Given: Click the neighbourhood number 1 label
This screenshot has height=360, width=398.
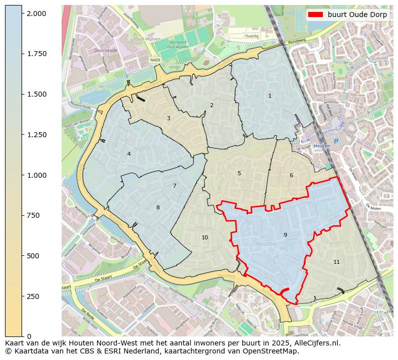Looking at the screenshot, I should [x=270, y=96].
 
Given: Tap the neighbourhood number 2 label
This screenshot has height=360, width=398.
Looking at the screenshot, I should [x=212, y=105].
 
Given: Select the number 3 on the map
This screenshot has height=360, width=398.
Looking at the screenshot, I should [x=168, y=118].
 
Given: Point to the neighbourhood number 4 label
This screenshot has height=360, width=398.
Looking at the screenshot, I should [x=129, y=154].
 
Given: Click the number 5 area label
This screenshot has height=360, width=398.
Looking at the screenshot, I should [x=239, y=173].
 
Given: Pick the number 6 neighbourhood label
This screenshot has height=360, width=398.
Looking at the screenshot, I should [x=291, y=175].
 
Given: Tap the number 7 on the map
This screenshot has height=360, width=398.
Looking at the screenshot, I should [x=174, y=186].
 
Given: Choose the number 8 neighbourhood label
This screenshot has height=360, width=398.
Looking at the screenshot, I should [x=158, y=207].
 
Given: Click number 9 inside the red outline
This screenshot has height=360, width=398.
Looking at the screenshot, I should [x=285, y=235].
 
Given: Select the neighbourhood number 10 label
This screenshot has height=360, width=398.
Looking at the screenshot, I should [x=205, y=237].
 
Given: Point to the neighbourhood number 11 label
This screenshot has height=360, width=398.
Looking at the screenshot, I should [x=336, y=262].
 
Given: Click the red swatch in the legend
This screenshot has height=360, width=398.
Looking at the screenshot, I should [x=316, y=15].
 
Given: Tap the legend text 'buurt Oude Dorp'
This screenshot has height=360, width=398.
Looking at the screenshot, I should [x=357, y=15].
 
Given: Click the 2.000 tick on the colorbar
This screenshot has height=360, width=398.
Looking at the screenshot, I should [x=37, y=14].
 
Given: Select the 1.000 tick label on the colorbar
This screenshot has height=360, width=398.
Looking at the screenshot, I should [x=37, y=175].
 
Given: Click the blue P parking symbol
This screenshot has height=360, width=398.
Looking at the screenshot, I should [x=336, y=142].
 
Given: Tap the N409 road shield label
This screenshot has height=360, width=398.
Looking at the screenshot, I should [x=155, y=60].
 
